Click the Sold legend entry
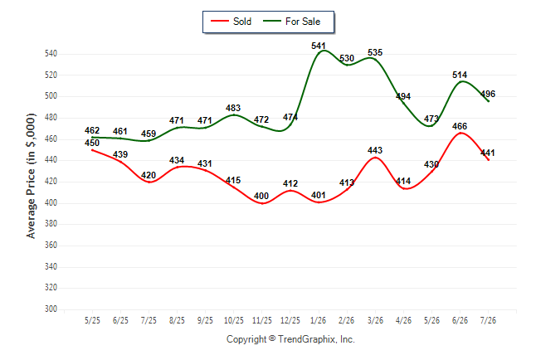point(231,22)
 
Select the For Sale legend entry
point(291,22)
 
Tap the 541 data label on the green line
point(319,46)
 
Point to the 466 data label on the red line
point(460,126)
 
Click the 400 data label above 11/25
point(261,196)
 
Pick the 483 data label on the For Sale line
point(233,108)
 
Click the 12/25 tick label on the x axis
point(290,320)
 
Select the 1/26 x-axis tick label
point(319,320)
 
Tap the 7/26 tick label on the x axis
point(488,320)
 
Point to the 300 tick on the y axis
point(51,309)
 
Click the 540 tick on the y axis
point(51,53)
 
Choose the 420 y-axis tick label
point(51,181)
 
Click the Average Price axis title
point(31,176)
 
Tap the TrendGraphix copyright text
point(290,339)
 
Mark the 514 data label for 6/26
point(460,75)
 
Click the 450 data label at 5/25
point(92,143)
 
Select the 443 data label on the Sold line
point(375,150)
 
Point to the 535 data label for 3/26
point(375,52)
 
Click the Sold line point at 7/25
point(149,182)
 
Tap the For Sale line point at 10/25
point(233,114)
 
